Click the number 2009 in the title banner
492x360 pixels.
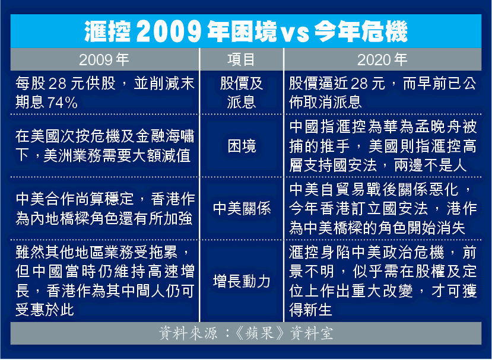coord(169,31)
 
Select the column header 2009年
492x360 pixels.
coord(104,59)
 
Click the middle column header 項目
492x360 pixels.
coord(241,59)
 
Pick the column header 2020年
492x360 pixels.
coord(382,59)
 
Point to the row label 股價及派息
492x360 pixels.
coord(242,93)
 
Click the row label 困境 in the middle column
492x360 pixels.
coord(242,146)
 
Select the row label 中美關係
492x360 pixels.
coord(242,209)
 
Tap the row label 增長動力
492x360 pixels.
coord(242,281)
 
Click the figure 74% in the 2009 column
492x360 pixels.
coord(62,103)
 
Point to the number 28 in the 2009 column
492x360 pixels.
coord(56,84)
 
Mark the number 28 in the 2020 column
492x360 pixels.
coord(358,84)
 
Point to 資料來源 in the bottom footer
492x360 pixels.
coord(188,333)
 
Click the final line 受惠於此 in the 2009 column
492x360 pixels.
coord(45,310)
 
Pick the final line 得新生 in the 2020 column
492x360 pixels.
coord(310,310)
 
